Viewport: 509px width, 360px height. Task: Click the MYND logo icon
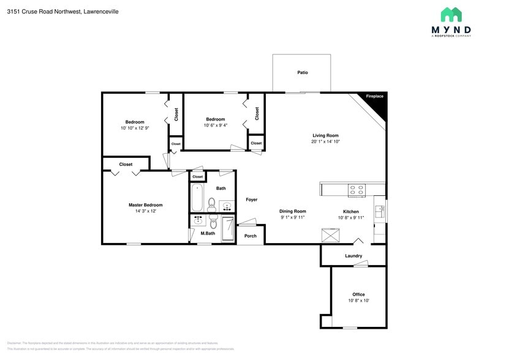451,15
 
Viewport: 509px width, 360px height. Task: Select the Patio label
302,72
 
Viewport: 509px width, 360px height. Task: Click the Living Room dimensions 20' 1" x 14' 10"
325,141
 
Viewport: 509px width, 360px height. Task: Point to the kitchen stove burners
356,190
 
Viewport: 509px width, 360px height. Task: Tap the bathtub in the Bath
197,197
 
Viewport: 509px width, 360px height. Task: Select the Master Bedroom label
145,205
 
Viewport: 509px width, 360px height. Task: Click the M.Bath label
208,233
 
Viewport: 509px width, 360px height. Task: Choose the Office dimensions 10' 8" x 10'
358,301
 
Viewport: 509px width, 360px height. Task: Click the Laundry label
353,256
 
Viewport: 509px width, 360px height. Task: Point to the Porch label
251,236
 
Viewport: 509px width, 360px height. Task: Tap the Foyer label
251,200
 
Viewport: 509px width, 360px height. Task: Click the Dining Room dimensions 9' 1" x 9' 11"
293,217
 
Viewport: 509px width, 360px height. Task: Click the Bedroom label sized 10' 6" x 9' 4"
215,119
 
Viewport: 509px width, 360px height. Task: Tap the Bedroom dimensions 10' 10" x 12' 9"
135,128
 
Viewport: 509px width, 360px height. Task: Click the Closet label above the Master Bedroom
126,164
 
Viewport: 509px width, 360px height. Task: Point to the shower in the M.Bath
227,229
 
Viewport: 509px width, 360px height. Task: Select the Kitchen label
350,211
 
